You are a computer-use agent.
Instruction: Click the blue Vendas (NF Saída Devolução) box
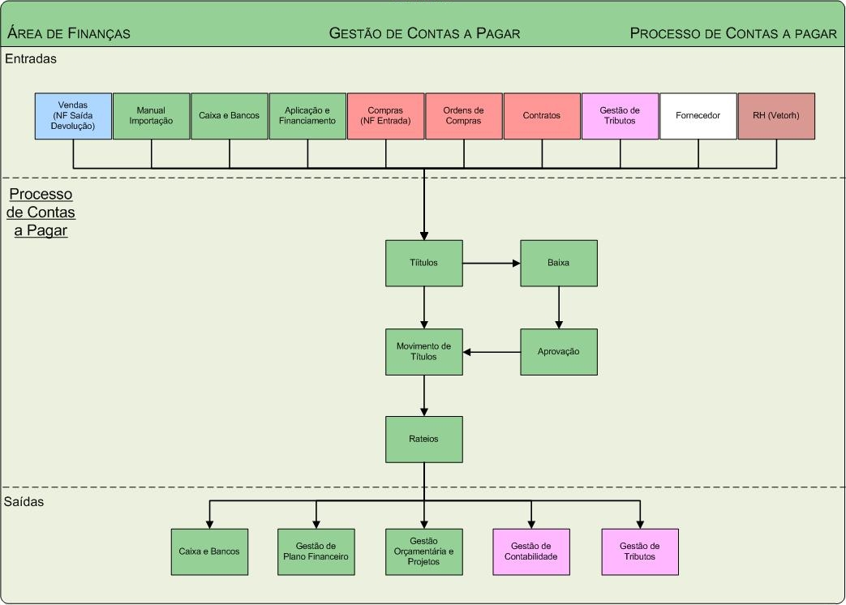coord(73,116)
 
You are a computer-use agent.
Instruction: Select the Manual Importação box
coord(151,116)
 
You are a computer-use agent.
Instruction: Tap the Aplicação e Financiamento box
coord(307,116)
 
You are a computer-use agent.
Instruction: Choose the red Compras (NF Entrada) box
coord(385,116)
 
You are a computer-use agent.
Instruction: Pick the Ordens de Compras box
coord(464,116)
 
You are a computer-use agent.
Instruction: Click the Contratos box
coord(542,116)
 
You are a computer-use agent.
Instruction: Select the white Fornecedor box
coord(698,116)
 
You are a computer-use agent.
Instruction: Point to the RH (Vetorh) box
coord(776,116)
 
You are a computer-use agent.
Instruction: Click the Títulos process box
coord(424,263)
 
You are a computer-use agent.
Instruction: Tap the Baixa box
coord(559,263)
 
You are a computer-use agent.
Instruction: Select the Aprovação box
coord(559,352)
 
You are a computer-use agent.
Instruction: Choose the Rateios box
coord(424,440)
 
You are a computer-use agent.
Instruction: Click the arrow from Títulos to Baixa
coord(492,263)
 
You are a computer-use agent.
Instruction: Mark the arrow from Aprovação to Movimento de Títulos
coord(492,352)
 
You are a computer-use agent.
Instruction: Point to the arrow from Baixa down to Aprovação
coord(559,307)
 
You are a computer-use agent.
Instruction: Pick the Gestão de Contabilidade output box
coord(531,552)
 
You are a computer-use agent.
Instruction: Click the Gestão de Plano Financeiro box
coord(316,552)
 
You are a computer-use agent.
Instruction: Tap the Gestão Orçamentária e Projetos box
coord(424,552)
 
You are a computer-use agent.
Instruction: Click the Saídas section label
coord(24,502)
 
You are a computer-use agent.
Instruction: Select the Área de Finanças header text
coord(69,33)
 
